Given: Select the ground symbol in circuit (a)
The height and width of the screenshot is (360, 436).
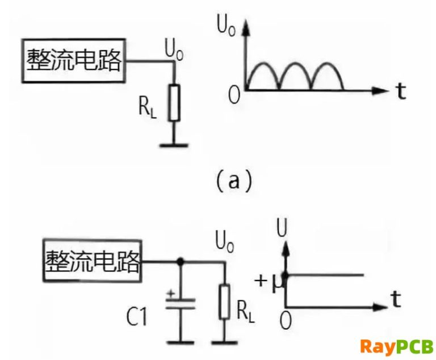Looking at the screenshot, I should pyautogui.click(x=175, y=144).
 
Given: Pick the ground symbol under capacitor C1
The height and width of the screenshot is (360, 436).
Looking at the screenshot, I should pyautogui.click(x=181, y=342).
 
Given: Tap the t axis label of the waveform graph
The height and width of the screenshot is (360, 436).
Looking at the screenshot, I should pyautogui.click(x=401, y=91).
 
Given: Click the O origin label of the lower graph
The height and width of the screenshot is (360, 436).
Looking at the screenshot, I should pyautogui.click(x=286, y=320).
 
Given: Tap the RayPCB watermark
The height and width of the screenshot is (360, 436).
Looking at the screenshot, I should pyautogui.click(x=396, y=346).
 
